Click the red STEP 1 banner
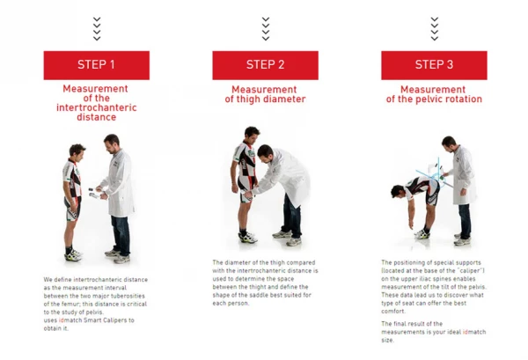97,65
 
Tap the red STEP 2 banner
266,65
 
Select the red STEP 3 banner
434,65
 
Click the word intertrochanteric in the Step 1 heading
97,107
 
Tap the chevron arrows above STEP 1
97,29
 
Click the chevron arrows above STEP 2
266,29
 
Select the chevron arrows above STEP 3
435,29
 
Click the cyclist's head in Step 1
77,152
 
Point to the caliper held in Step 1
94,193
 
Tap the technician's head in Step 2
265,153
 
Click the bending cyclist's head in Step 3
398,191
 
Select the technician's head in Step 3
449,144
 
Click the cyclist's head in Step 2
252,135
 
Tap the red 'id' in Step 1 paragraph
62,320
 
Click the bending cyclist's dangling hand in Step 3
411,224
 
